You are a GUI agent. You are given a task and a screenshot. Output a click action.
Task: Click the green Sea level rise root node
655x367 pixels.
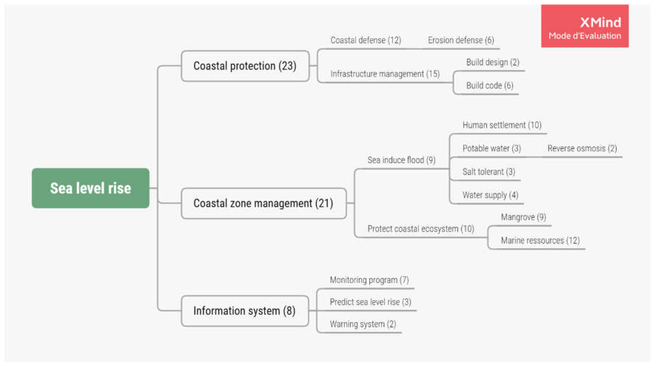tap(90, 188)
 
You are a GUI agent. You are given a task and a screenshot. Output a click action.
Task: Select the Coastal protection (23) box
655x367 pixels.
tap(245, 66)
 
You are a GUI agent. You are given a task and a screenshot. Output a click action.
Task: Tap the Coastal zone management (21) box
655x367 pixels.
tap(263, 203)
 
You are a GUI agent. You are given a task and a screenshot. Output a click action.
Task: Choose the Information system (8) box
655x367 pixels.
tap(245, 311)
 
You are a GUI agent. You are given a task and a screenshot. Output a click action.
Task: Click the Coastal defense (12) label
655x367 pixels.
tap(366, 40)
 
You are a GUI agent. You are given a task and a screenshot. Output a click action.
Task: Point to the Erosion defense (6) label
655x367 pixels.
tap(461, 40)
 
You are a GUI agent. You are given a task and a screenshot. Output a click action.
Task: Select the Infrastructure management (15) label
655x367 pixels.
tap(385, 74)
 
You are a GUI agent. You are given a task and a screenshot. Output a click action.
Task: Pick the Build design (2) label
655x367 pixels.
tap(493, 62)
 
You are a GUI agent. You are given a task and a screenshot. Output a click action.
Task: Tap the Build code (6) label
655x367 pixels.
tap(489, 86)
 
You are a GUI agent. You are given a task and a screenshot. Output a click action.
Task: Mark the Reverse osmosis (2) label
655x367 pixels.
tap(582, 148)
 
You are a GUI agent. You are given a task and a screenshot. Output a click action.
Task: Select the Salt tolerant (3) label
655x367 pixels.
tap(489, 172)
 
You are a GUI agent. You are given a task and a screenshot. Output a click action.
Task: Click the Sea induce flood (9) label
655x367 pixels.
tap(401, 160)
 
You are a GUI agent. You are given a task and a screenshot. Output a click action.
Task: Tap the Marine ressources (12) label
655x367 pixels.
tap(540, 240)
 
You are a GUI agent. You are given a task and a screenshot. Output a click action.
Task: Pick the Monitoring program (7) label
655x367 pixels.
tap(369, 280)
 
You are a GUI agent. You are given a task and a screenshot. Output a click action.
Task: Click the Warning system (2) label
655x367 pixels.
tap(363, 324)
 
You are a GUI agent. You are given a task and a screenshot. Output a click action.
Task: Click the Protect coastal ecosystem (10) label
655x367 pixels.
tap(421, 229)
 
